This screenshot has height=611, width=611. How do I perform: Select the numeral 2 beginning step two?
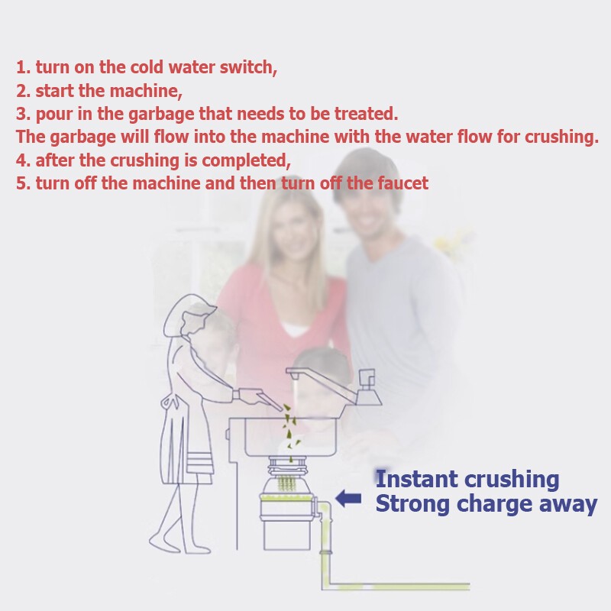pyautogui.click(x=22, y=91)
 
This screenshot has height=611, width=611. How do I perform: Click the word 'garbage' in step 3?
pyautogui.click(x=160, y=115)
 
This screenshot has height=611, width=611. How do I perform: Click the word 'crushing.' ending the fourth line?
pyautogui.click(x=561, y=137)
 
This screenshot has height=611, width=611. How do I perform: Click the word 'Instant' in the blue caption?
pyautogui.click(x=416, y=479)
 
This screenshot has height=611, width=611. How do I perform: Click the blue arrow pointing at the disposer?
pyautogui.click(x=348, y=499)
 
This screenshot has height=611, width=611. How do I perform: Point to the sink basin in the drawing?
pyautogui.click(x=291, y=436)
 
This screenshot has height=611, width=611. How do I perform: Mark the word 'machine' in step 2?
pyautogui.click(x=146, y=91)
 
